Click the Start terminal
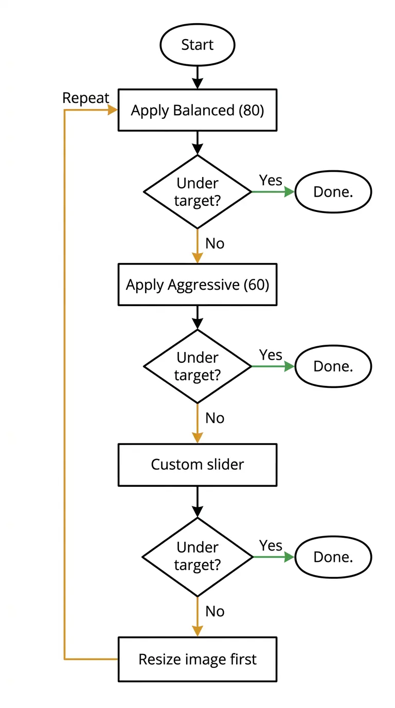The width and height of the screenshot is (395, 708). tap(197, 45)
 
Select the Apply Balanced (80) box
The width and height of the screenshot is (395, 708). tap(197, 110)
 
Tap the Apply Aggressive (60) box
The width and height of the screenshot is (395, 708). tap(197, 285)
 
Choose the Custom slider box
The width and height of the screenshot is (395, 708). tap(197, 465)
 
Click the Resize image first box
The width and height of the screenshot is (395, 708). tap(197, 659)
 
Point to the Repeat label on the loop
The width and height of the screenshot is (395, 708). tap(86, 98)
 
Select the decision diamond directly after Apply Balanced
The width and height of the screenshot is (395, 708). tap(197, 191)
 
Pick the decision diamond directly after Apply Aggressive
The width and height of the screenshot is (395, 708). tap(197, 366)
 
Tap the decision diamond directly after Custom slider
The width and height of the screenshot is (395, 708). tap(197, 557)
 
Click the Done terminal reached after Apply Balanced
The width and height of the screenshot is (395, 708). tap(333, 192)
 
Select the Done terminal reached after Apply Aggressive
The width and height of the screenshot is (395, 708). tap(333, 366)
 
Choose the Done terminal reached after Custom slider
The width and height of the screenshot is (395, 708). tap(333, 557)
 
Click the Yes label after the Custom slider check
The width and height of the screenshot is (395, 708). tap(271, 545)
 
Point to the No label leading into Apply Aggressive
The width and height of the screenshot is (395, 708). tap(215, 243)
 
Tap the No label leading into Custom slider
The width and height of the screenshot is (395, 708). tap(215, 418)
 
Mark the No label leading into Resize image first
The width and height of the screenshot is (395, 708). tap(215, 611)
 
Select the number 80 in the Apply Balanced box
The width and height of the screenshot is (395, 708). tap(252, 110)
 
